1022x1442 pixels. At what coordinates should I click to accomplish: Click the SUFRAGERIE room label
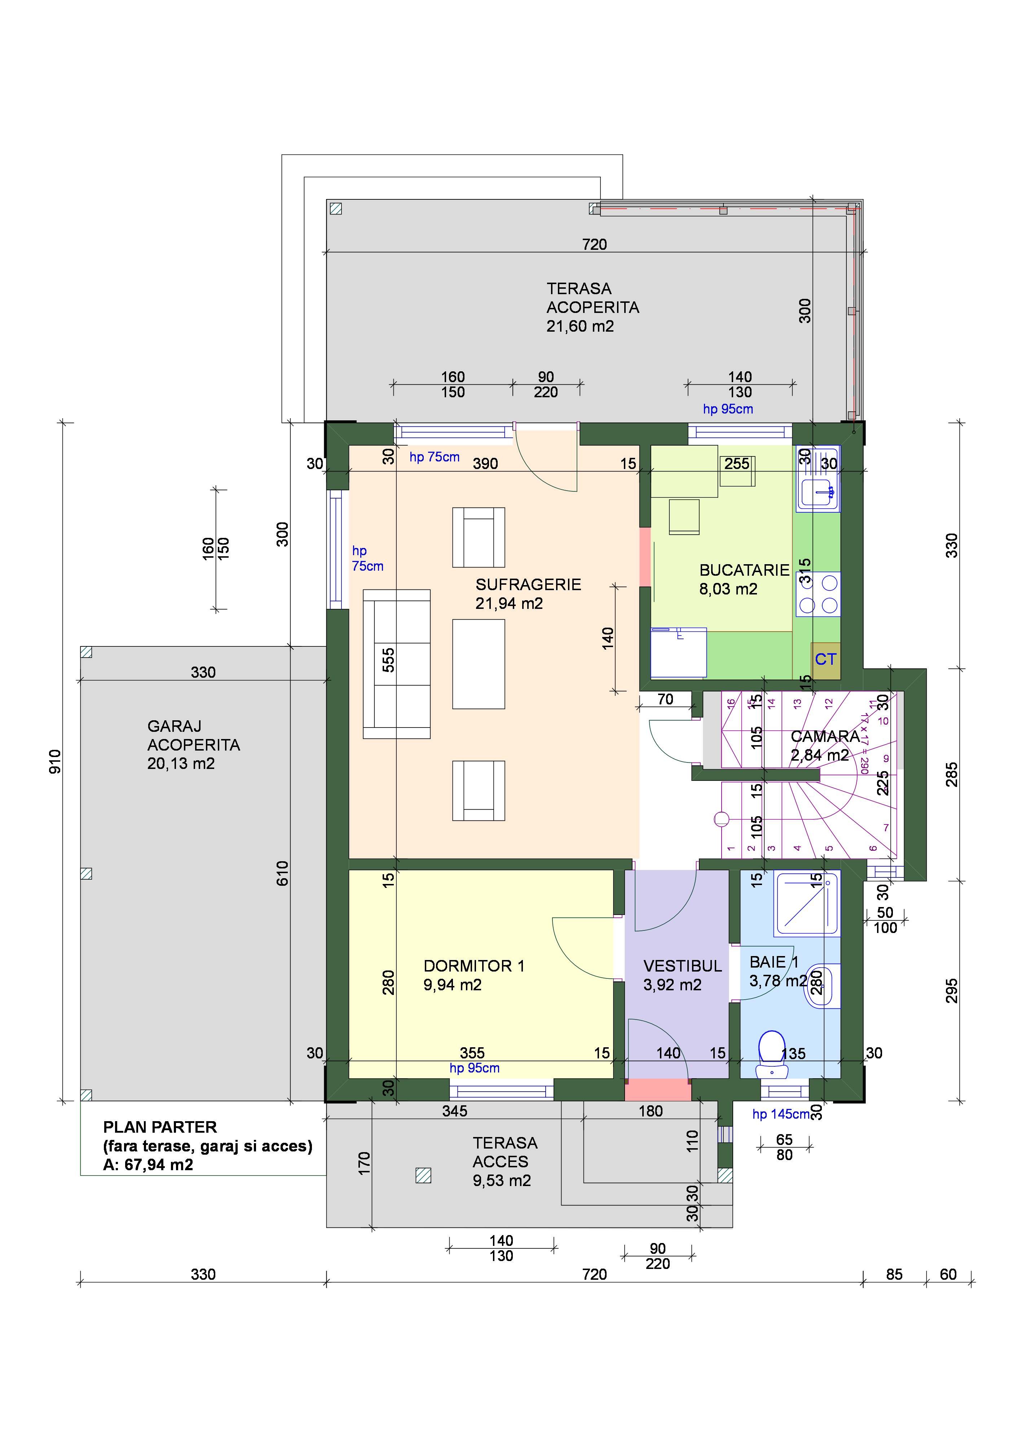pyautogui.click(x=528, y=584)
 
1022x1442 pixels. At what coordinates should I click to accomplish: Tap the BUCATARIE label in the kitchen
pyautogui.click(x=744, y=570)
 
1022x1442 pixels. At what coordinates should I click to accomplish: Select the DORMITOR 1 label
pyautogui.click(x=474, y=966)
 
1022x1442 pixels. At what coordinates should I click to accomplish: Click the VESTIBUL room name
pyautogui.click(x=682, y=966)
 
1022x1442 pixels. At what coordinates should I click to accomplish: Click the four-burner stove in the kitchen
pyautogui.click(x=818, y=593)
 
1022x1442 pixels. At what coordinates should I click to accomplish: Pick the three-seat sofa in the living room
pyautogui.click(x=396, y=664)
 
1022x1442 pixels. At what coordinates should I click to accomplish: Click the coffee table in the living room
pyautogui.click(x=478, y=664)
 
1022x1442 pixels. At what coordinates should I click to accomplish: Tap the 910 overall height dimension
pyautogui.click(x=56, y=762)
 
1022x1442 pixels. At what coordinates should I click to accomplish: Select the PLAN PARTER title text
pyautogui.click(x=160, y=1127)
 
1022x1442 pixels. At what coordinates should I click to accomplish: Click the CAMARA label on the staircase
pyautogui.click(x=825, y=736)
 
